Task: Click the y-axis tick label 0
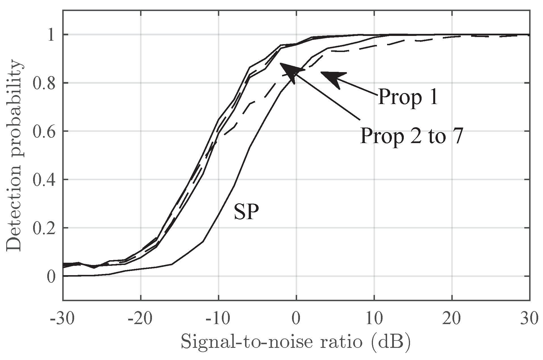(51, 276)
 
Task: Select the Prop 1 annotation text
(408, 96)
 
